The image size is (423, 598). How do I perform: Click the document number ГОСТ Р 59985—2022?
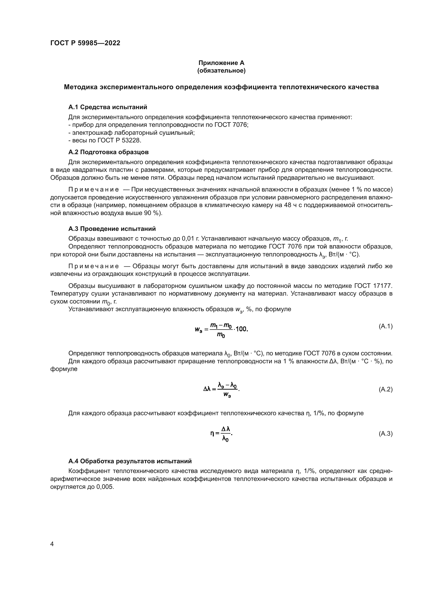85,43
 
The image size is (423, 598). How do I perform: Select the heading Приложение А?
221,63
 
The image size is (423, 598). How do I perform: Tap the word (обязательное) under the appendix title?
221,71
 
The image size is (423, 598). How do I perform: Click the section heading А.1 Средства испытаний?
108,107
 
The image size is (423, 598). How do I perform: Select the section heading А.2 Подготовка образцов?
108,152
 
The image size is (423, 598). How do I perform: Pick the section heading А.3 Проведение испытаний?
112,229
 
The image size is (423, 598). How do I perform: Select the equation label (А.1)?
385,326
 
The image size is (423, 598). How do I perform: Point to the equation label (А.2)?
385,389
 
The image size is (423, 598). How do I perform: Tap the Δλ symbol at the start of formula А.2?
207,389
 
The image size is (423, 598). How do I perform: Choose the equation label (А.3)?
385,434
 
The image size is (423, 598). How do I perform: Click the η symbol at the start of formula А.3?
212,433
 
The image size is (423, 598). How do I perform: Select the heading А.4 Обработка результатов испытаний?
130,461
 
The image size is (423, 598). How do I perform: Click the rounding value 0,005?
105,487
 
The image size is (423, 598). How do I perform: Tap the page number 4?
52,544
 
